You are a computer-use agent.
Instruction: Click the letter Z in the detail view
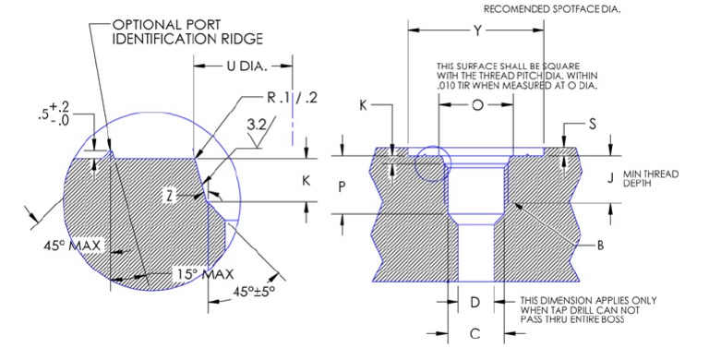click(196, 195)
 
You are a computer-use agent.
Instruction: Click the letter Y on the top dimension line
click(477, 30)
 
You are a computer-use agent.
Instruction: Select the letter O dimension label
click(476, 105)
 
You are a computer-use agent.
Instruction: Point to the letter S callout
click(592, 124)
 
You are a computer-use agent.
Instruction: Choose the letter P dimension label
click(342, 186)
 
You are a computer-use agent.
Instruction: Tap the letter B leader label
click(600, 245)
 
